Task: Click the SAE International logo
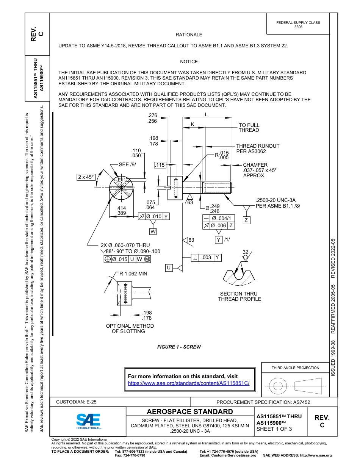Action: pyautogui.click(x=88, y=420)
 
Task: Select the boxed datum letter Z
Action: pyautogui.click(x=246, y=220)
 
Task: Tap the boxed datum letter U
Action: pyautogui.click(x=169, y=268)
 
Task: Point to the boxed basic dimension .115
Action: pyautogui.click(x=160, y=165)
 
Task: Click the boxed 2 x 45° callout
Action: pyautogui.click(x=86, y=177)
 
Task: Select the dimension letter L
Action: pyautogui.click(x=206, y=114)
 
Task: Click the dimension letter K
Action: pyautogui.click(x=192, y=124)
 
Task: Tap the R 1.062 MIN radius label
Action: pyautogui.click(x=133, y=274)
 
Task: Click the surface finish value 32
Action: pyautogui.click(x=245, y=252)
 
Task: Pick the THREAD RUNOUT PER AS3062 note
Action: pyautogui.click(x=257, y=149)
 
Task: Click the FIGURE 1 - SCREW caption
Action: pyautogui.click(x=179, y=347)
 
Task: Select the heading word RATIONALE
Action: pyautogui.click(x=189, y=34)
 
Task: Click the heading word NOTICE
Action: pyautogui.click(x=189, y=61)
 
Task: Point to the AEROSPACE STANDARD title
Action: pyautogui.click(x=190, y=412)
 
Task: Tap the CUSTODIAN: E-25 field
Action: pyautogui.click(x=79, y=402)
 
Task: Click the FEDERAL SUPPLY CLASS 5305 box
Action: pyautogui.click(x=298, y=25)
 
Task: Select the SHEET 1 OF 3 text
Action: pyautogui.click(x=274, y=429)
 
